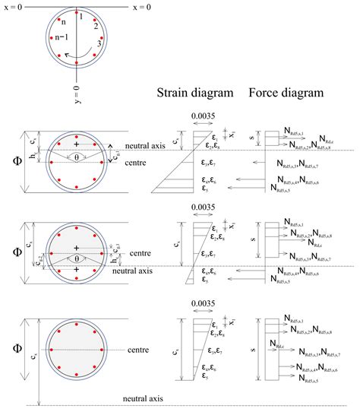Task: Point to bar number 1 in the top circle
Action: (79, 17)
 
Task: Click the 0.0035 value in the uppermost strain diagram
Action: (201, 117)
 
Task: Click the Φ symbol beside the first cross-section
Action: (10, 160)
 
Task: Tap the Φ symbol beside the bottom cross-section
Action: (10, 350)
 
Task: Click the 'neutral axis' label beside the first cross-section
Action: (145, 147)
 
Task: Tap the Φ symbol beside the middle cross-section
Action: (10, 253)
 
